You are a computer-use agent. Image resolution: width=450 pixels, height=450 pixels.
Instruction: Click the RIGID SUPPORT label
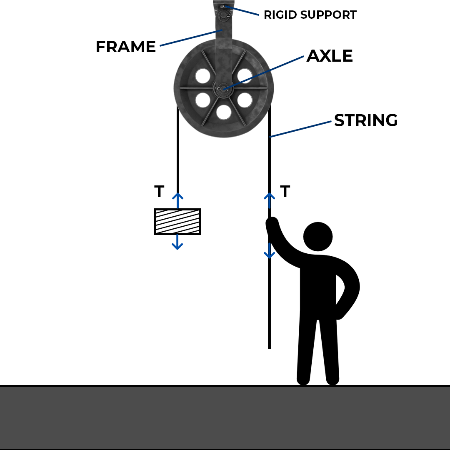pyautogui.click(x=310, y=15)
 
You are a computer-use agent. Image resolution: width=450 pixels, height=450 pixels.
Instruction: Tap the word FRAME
pyautogui.click(x=125, y=47)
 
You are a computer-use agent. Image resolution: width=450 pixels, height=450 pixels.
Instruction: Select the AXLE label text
pyautogui.click(x=330, y=56)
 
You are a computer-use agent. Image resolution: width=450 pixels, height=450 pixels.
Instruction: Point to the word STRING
pyautogui.click(x=365, y=120)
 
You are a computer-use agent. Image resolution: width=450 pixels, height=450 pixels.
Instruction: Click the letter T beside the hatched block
pyautogui.click(x=159, y=192)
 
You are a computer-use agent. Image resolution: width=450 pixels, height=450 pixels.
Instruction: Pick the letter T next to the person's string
pyautogui.click(x=285, y=192)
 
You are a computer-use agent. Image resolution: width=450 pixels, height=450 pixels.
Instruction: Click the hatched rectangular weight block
pyautogui.click(x=177, y=222)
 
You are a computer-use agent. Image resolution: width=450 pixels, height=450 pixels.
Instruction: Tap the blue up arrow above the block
pyautogui.click(x=178, y=200)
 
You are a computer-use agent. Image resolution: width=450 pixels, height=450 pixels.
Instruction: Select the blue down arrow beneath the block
pyautogui.click(x=177, y=242)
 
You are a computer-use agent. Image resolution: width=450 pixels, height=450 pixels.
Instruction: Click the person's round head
pyautogui.click(x=318, y=237)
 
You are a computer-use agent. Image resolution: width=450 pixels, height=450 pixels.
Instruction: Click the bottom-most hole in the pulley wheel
pyautogui.click(x=224, y=112)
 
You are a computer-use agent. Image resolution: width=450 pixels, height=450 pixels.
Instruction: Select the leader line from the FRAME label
pyautogui.click(x=190, y=37)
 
